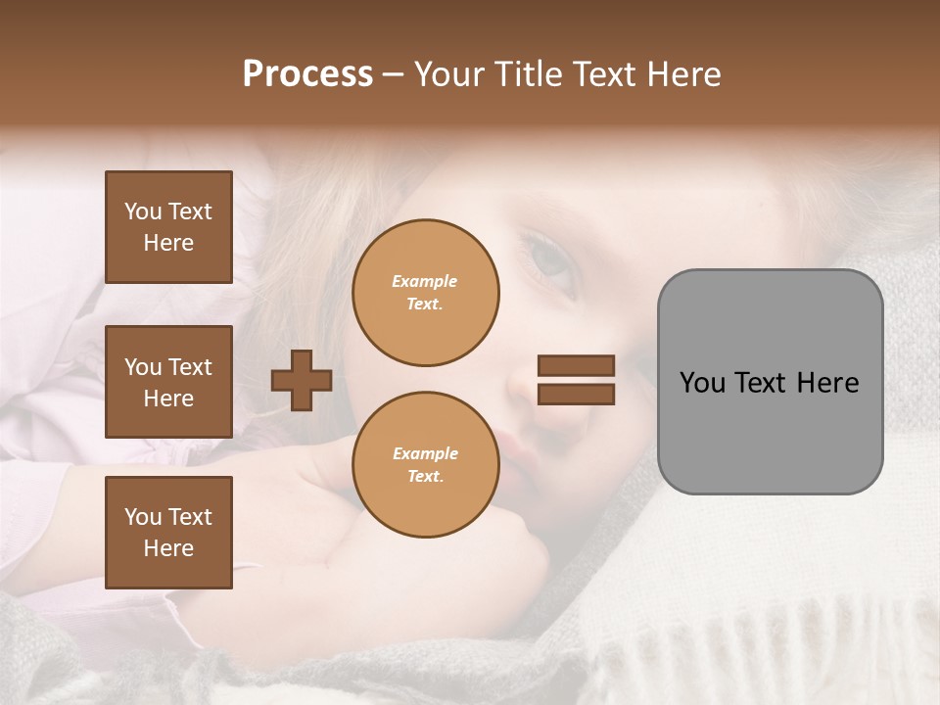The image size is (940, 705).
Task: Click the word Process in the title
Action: (x=307, y=74)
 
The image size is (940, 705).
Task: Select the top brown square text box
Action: (x=168, y=227)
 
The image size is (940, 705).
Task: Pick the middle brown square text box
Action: (x=168, y=382)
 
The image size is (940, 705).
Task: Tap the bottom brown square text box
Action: (x=168, y=533)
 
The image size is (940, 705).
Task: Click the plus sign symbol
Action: (x=302, y=380)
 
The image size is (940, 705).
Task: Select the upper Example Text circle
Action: (x=425, y=292)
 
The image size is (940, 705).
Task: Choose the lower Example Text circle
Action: (x=425, y=465)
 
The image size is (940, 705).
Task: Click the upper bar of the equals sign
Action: (x=576, y=365)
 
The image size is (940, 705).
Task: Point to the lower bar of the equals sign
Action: (x=576, y=394)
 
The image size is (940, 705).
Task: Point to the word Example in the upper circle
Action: (x=424, y=281)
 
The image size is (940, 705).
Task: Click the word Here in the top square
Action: (x=168, y=243)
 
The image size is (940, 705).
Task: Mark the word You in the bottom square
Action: (x=142, y=517)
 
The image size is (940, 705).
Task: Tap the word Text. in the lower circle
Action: (x=425, y=477)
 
